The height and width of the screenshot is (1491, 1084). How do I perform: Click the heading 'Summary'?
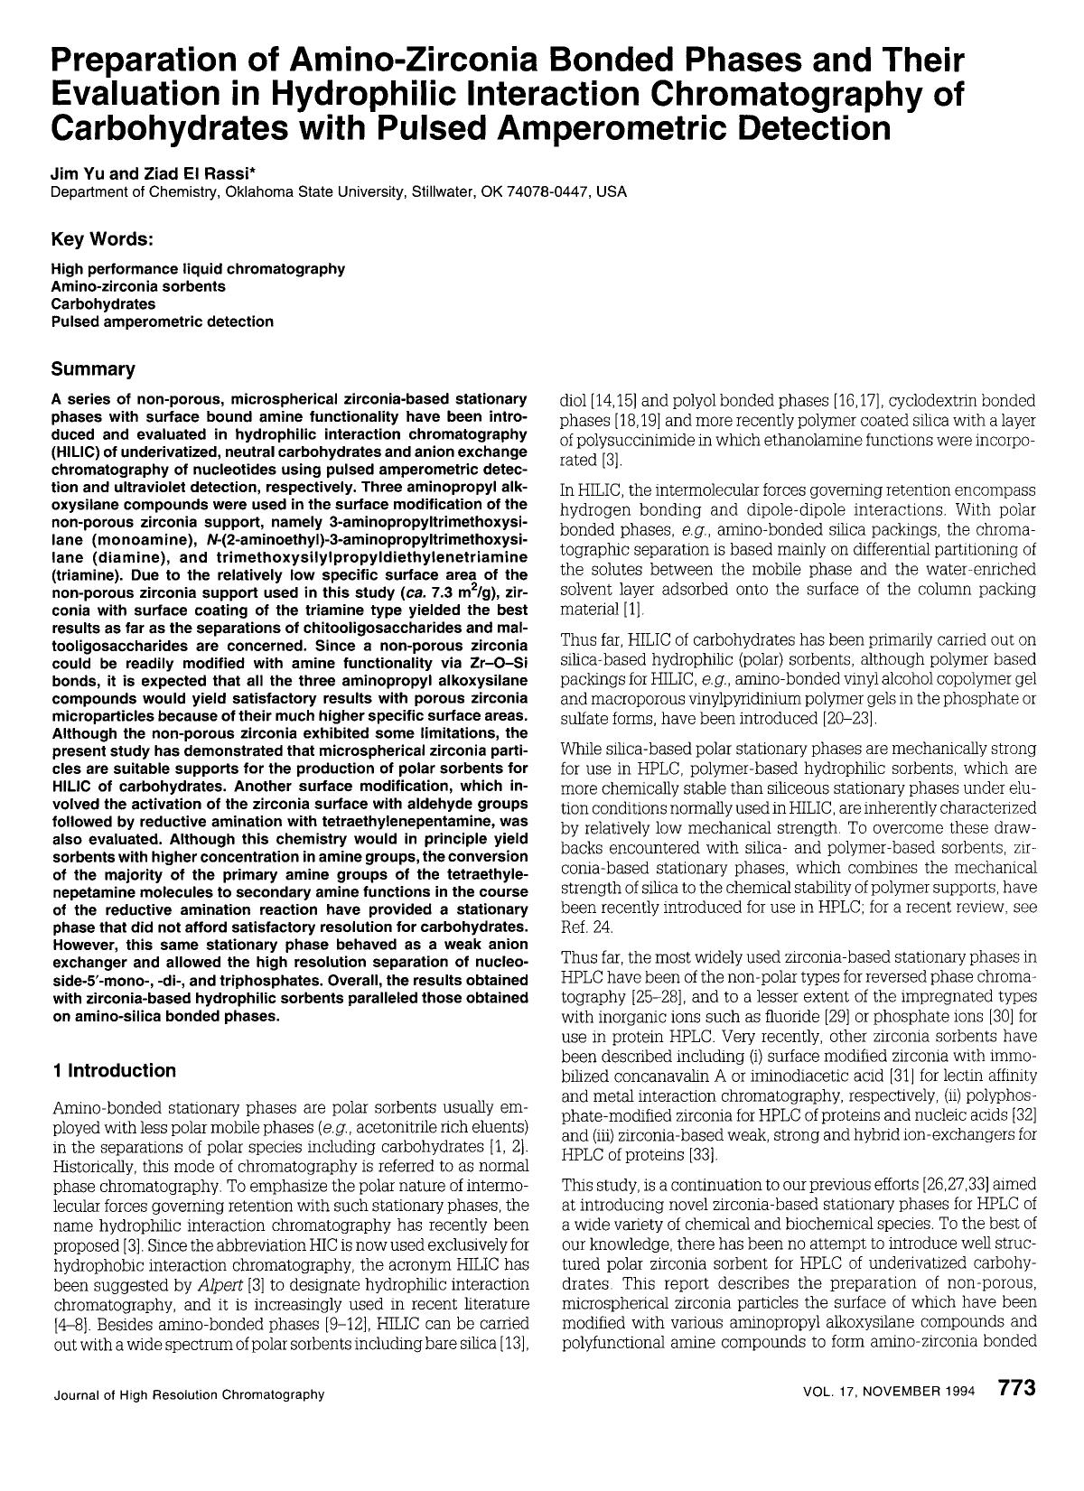tap(93, 368)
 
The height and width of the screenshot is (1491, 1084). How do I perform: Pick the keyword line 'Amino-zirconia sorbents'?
tap(138, 286)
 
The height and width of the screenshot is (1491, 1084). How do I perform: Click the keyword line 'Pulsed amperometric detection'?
tap(162, 321)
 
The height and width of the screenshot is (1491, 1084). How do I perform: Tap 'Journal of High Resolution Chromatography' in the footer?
tap(189, 1394)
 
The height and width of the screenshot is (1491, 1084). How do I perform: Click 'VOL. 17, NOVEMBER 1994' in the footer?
tap(888, 1392)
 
